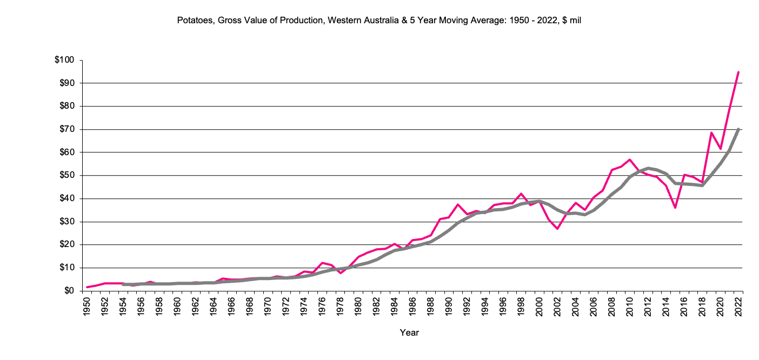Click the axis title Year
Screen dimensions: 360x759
tap(409, 333)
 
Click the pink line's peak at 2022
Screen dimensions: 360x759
tap(738, 71)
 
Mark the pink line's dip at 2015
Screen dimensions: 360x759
tap(675, 208)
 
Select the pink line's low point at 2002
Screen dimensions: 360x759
tap(557, 229)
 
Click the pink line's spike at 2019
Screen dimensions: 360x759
tap(711, 132)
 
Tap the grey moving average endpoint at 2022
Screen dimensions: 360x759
tap(738, 129)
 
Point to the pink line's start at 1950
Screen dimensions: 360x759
tap(87, 287)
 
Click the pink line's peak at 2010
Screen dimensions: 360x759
tap(629, 160)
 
